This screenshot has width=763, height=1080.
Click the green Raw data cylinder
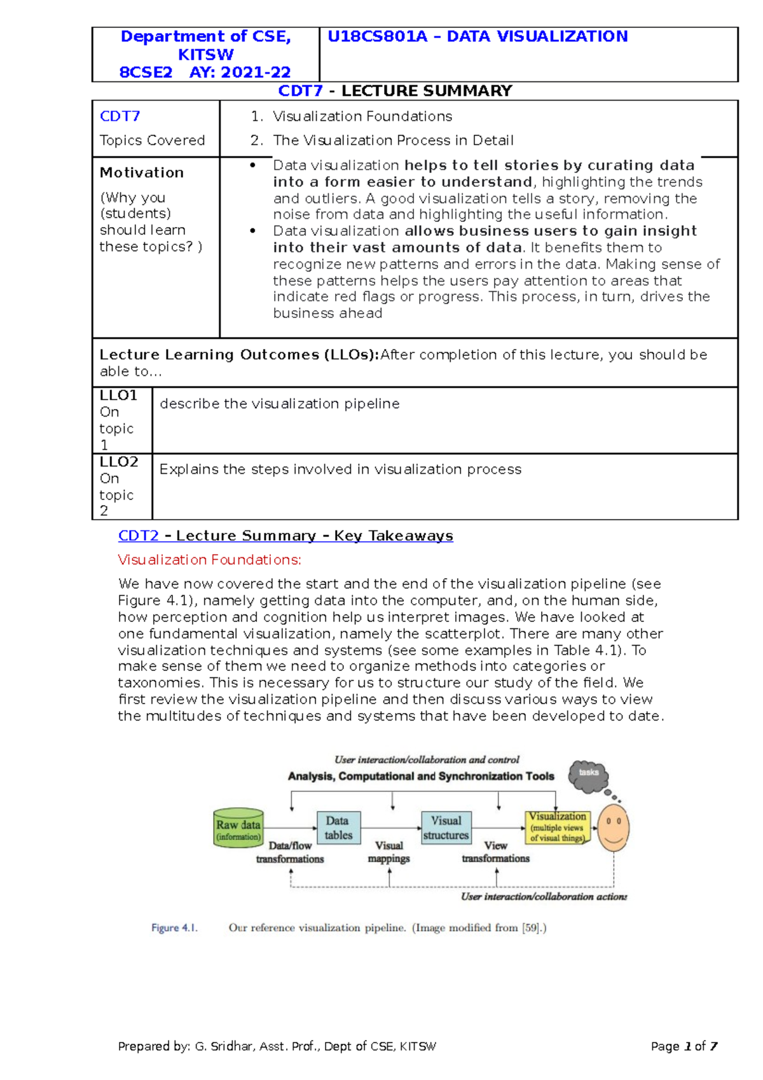click(x=238, y=829)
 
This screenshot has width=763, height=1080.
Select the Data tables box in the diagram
click(x=338, y=827)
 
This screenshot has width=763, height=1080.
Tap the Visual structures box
click(x=446, y=827)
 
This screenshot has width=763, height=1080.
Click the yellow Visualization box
click(x=558, y=827)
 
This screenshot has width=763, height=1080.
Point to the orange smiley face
click(x=613, y=827)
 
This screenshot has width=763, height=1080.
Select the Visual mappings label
click(x=389, y=852)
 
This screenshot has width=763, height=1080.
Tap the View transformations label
click(x=495, y=852)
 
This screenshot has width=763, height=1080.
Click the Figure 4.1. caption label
click(x=174, y=928)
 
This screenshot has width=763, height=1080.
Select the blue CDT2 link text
click(x=138, y=536)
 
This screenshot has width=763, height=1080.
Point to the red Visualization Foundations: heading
click(x=209, y=560)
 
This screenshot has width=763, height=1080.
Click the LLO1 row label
click(x=118, y=396)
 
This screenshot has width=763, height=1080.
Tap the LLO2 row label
click(x=118, y=462)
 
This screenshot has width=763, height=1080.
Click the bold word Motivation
click(x=142, y=172)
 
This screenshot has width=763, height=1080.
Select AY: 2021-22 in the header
click(x=240, y=73)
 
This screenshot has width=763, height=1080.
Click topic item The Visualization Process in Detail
click(x=393, y=140)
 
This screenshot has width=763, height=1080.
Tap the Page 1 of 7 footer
click(x=684, y=1046)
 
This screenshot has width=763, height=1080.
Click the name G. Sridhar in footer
click(x=224, y=1046)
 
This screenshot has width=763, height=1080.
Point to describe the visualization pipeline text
click(x=280, y=404)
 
